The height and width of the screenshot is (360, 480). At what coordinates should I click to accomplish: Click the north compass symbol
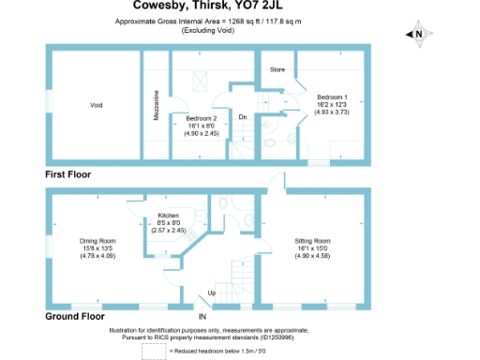[418, 35]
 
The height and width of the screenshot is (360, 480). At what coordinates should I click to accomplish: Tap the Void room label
[96, 104]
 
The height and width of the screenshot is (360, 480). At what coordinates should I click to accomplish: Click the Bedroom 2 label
[201, 119]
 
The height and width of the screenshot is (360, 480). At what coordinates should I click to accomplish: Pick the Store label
[277, 69]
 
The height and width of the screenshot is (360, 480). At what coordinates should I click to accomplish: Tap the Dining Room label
[96, 241]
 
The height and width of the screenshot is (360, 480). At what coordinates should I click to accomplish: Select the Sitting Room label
[313, 241]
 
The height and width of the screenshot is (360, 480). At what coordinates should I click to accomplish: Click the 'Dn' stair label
[242, 116]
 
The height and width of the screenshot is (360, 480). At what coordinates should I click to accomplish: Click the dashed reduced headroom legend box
[153, 350]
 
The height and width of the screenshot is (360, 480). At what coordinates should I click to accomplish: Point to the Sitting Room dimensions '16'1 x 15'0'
[313, 248]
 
